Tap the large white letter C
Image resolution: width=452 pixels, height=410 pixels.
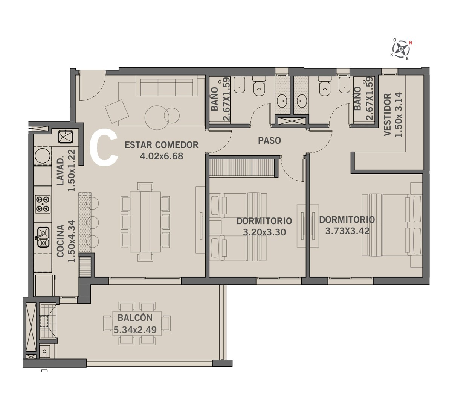tap(104, 148)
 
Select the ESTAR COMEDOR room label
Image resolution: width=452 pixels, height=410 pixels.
tap(161, 145)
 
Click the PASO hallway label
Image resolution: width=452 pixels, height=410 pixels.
tap(269, 140)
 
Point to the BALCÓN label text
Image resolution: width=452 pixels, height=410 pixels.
tap(135, 317)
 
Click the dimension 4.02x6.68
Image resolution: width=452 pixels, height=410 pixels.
tap(161, 156)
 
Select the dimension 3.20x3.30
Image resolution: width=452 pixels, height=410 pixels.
tap(264, 232)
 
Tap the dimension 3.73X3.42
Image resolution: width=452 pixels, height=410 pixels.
tap(347, 231)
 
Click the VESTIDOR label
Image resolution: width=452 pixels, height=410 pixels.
tap(387, 114)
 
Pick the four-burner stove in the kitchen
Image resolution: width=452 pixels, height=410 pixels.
tap(43, 204)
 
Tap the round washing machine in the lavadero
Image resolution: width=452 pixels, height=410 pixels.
tap(43, 156)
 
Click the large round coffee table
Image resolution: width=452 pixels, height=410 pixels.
tap(157, 118)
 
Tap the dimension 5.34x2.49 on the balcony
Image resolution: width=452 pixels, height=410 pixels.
tap(135, 330)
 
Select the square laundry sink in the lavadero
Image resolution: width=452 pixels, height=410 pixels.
tap(65, 137)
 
